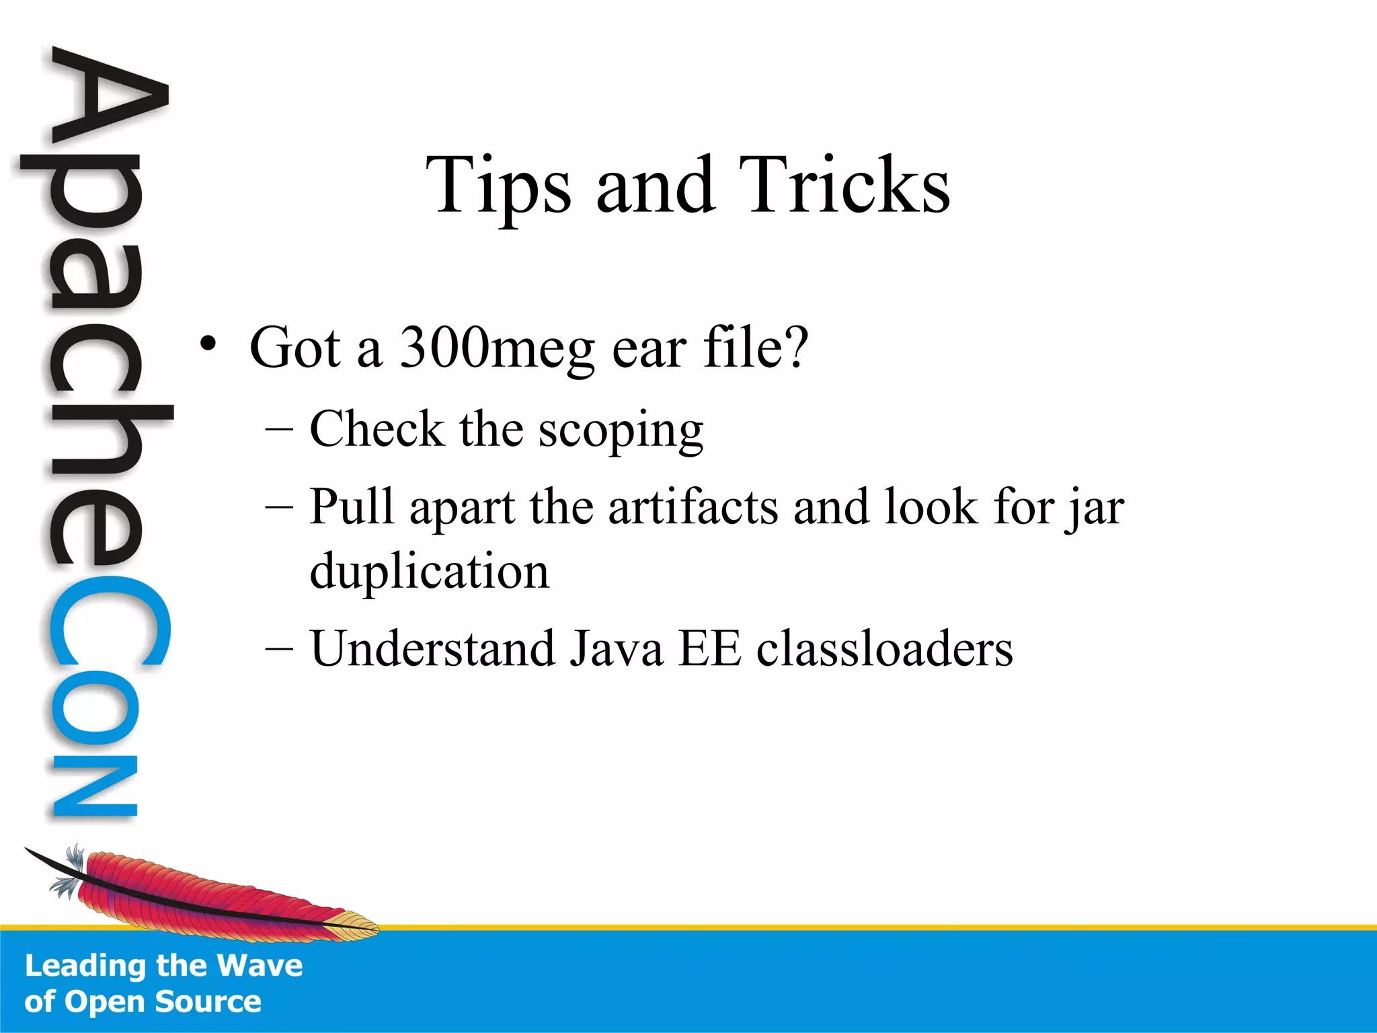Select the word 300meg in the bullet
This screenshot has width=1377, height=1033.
[x=498, y=349]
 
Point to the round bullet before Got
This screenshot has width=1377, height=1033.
[x=208, y=344]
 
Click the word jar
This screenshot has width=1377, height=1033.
[x=1094, y=508]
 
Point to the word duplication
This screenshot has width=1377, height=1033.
[x=429, y=571]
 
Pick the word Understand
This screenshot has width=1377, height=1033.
[x=433, y=648]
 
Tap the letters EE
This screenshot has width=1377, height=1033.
[x=709, y=648]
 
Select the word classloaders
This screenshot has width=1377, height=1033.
[x=884, y=648]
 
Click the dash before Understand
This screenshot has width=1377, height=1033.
[x=279, y=648]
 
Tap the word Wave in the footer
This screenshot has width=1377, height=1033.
[x=260, y=966]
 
